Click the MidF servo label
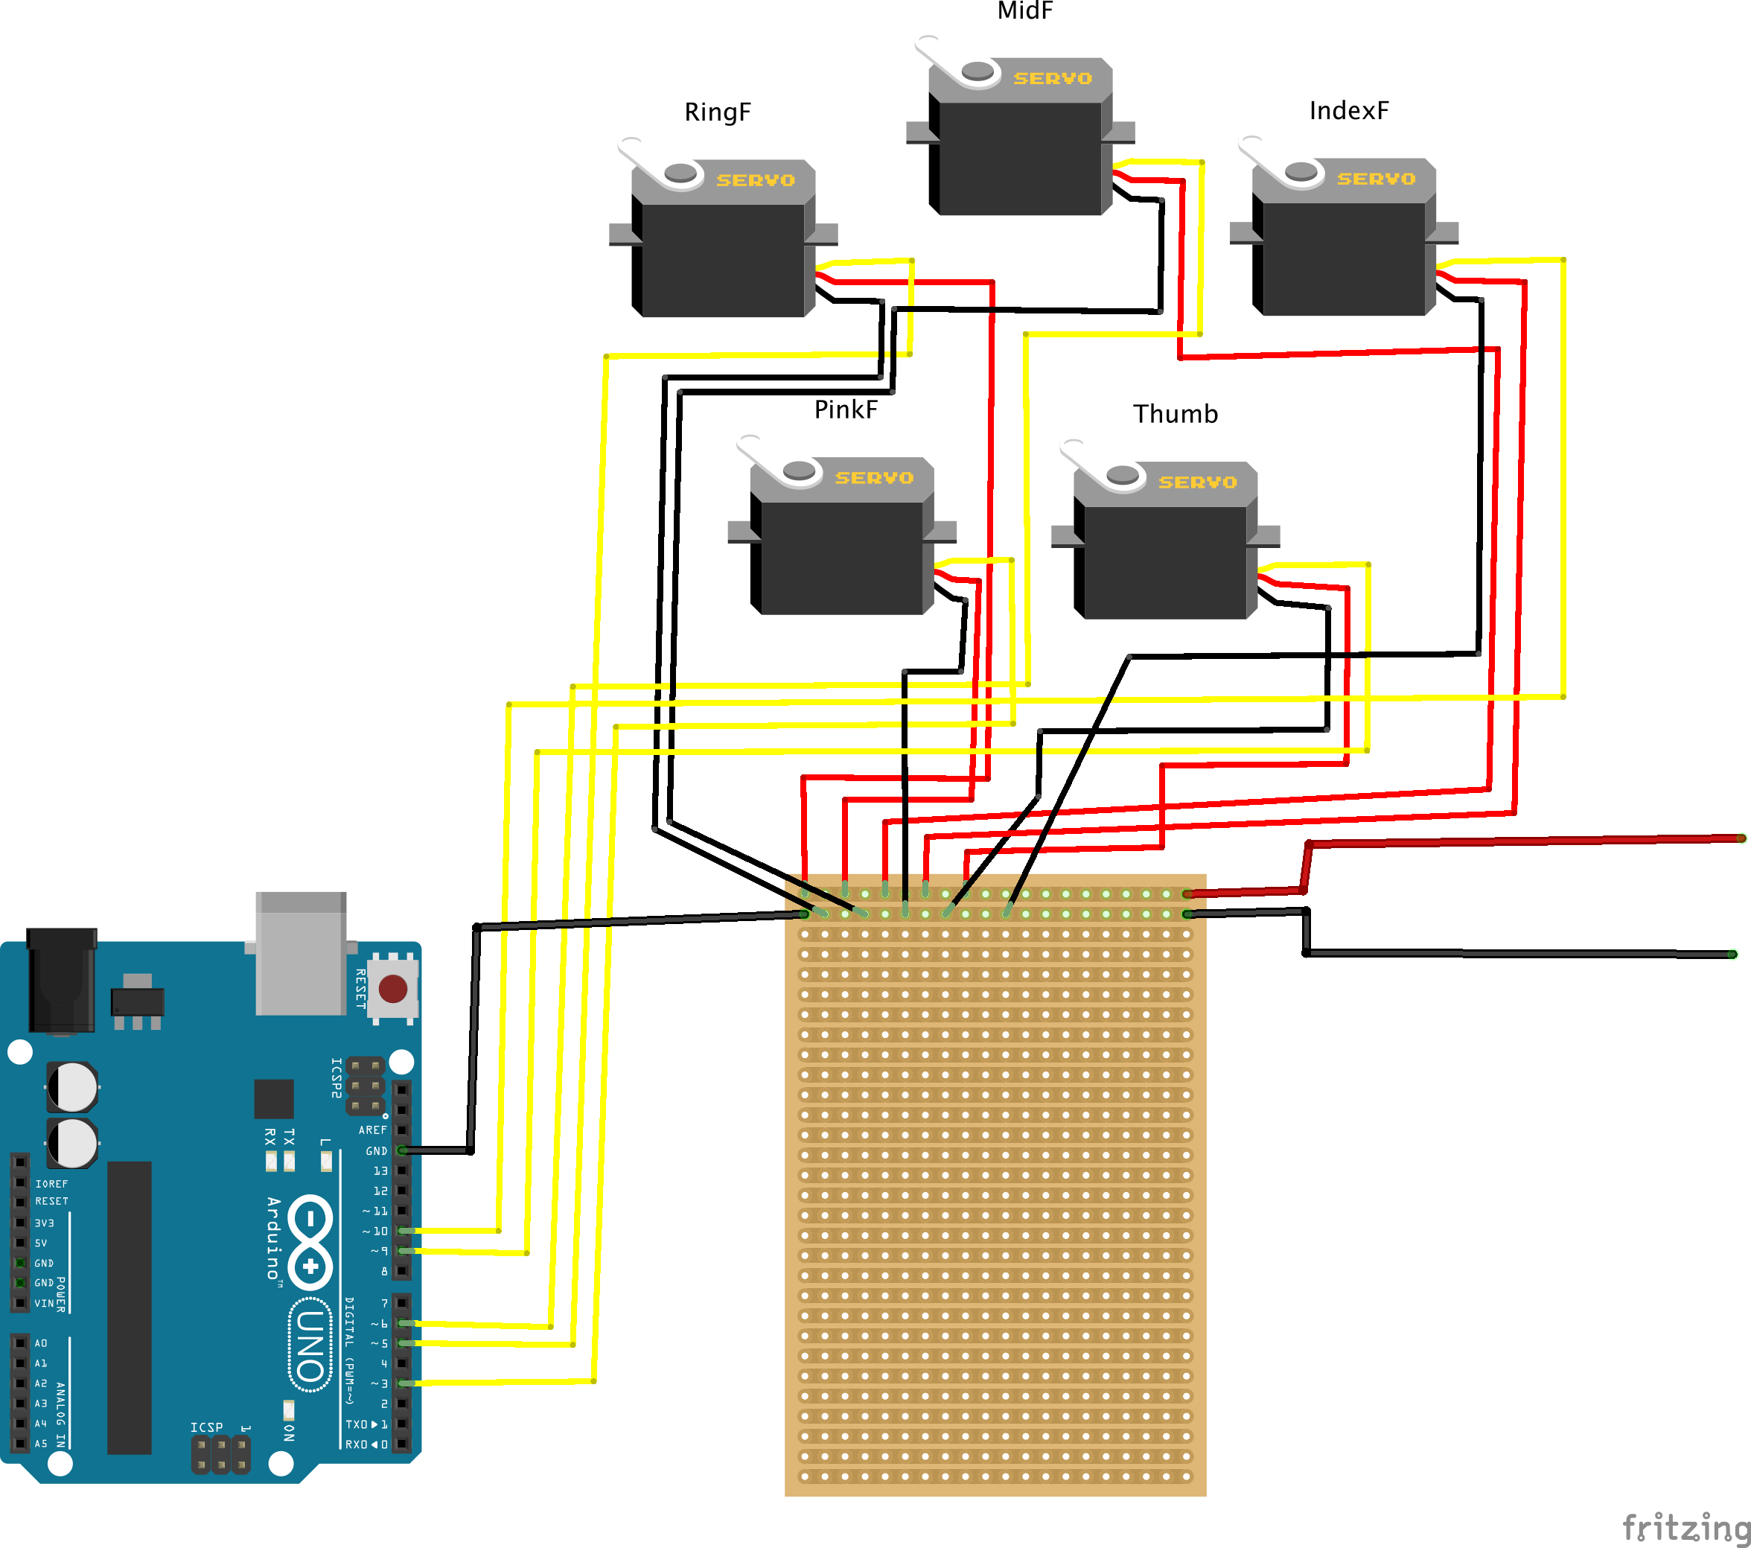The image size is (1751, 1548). (x=1024, y=11)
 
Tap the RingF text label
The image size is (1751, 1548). (x=717, y=112)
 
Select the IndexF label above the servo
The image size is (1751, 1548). (x=1348, y=110)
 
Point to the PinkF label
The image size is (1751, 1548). (x=846, y=410)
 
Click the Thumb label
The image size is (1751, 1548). (x=1176, y=414)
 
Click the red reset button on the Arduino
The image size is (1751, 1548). (x=392, y=989)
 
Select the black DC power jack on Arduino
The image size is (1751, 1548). (x=62, y=981)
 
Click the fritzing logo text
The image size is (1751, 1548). (x=1684, y=1526)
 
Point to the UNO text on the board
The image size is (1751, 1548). (x=310, y=1345)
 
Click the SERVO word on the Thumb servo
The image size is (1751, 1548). (x=1198, y=482)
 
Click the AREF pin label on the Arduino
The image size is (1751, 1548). (x=373, y=1130)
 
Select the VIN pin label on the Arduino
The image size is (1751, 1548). (x=45, y=1303)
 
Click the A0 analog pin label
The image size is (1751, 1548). (x=41, y=1343)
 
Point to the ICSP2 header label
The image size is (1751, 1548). (x=337, y=1077)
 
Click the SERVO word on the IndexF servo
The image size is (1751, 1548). (x=1376, y=179)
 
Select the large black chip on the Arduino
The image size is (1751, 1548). (x=130, y=1307)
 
